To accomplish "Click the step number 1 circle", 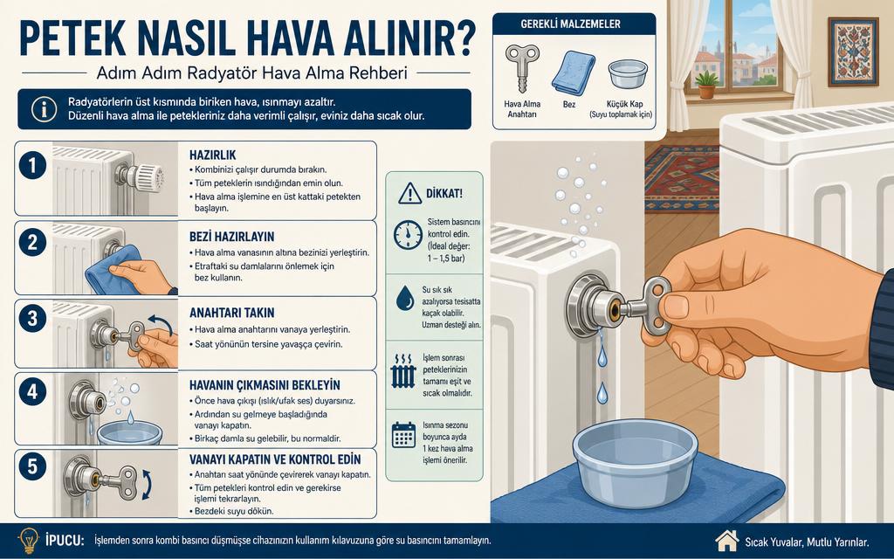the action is (x=32, y=165).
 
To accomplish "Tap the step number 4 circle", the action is (x=32, y=392).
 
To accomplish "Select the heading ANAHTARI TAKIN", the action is (x=232, y=313).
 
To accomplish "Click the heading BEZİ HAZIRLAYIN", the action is (x=231, y=236).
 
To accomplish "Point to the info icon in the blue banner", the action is (x=45, y=109).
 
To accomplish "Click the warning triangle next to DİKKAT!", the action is (x=410, y=193).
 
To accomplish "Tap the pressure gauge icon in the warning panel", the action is (x=409, y=234).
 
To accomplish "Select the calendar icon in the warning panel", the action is (x=403, y=435).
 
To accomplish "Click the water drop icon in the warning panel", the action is (x=405, y=298).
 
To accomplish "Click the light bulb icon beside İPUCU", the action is (x=29, y=540).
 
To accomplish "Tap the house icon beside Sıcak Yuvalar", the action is (x=726, y=540).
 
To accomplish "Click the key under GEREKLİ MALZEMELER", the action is (x=522, y=67).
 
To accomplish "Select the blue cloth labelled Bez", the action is (x=573, y=72).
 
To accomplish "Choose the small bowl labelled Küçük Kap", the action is (x=627, y=74).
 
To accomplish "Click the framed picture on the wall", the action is (x=853, y=52).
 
